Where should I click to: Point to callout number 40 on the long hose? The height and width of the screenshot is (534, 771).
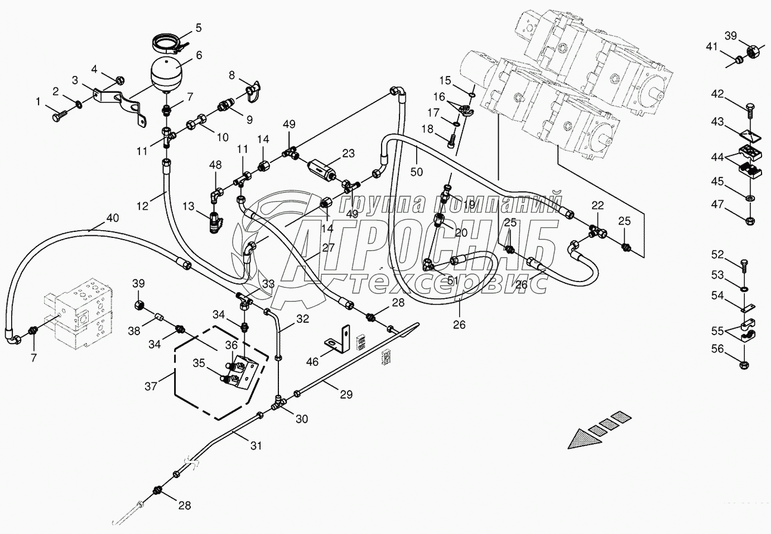point(113,218)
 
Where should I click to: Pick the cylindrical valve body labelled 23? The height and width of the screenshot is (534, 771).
point(323,167)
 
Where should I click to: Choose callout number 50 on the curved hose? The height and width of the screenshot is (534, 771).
point(417,171)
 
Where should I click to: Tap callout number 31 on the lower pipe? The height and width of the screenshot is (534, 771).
point(256,446)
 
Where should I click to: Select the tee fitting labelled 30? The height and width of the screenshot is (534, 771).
point(277,401)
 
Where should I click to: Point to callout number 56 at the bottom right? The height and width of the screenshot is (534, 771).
point(717,349)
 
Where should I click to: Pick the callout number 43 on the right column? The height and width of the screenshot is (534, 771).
point(717,121)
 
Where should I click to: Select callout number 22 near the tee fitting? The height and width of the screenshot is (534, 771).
point(597,205)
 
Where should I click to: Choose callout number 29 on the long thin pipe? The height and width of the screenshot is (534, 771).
point(346,394)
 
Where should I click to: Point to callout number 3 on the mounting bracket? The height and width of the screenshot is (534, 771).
point(74,80)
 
